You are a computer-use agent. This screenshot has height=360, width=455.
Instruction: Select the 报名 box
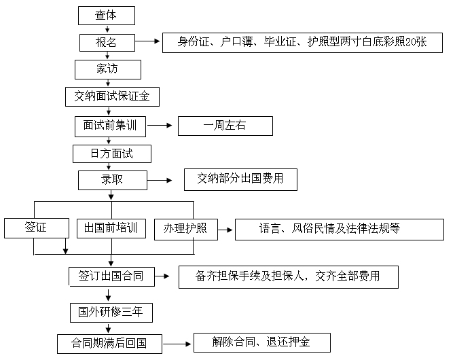coord(107,42)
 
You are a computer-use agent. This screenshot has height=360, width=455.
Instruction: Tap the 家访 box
coord(108,69)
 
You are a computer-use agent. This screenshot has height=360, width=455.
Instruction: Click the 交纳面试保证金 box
coord(112,96)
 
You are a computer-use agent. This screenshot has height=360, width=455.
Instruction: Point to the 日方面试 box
coord(112,154)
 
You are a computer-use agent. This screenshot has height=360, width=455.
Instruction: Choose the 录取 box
coord(112,180)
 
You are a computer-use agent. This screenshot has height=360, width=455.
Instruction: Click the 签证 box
coord(35,228)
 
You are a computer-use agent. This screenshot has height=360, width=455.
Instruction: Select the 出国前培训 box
coord(111,228)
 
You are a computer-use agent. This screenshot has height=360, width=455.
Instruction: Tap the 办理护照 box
coord(185,228)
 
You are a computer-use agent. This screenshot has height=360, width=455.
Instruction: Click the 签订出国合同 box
coord(111,276)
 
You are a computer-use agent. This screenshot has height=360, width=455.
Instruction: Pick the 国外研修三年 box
coord(111,312)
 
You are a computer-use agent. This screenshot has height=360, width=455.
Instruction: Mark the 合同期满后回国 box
coord(110,342)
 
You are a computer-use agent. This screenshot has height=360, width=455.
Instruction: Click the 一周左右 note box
coord(225,126)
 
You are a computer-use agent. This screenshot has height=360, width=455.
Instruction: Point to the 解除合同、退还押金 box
coord(261,342)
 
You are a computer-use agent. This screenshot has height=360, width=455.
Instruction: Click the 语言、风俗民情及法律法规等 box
coord(339,229)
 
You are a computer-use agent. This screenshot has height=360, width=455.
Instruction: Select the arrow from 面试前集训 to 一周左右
coord(158,126)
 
